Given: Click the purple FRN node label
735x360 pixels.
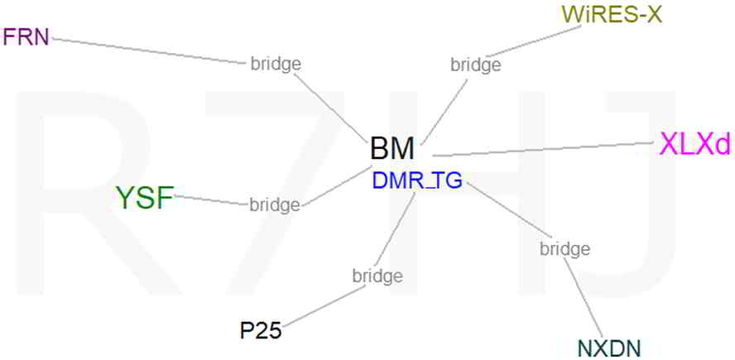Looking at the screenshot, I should click(26, 36).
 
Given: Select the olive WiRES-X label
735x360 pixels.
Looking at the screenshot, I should click(612, 14).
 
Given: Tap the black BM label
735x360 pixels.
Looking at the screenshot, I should click(392, 149).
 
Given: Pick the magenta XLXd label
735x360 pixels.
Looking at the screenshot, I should click(695, 144).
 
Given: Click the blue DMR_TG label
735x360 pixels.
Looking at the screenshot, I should click(417, 180).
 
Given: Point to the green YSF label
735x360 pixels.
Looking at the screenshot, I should click(145, 198).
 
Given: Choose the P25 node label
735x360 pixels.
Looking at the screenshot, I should click(261, 331).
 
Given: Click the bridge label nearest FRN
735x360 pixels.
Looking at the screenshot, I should click(275, 63).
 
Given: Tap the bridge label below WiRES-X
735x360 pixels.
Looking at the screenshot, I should click(475, 64).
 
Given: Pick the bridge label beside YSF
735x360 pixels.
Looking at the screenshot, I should click(275, 204).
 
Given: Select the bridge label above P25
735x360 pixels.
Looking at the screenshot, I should click(377, 275).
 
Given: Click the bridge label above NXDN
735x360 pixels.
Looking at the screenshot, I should click(564, 248).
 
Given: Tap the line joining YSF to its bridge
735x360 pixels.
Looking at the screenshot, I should click(211, 200).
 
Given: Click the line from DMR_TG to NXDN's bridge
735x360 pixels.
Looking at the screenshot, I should click(505, 211).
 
